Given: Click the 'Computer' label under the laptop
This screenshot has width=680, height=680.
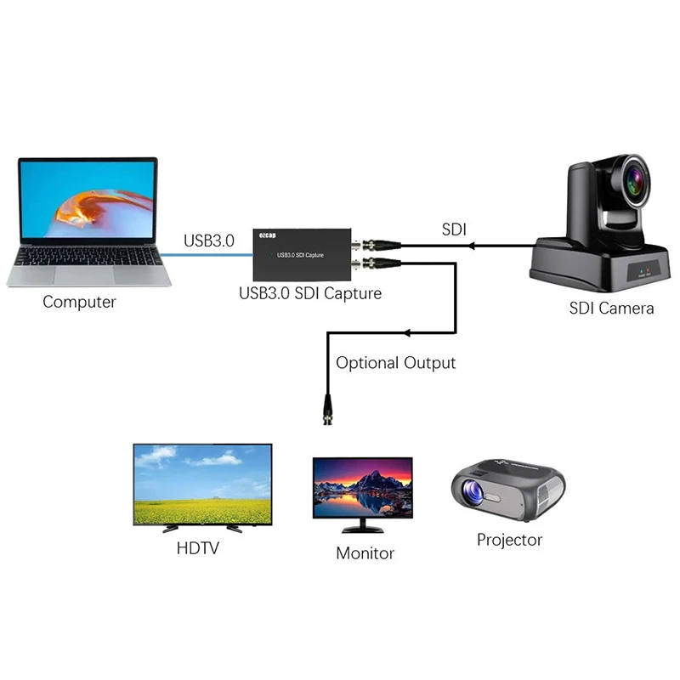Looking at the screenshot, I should point(79,302).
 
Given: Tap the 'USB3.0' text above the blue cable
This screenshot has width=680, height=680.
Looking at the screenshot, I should point(208,241).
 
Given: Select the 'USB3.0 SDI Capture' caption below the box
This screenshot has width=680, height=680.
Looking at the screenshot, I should point(309,294).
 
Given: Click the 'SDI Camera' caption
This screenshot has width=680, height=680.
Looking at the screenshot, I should point(611,308).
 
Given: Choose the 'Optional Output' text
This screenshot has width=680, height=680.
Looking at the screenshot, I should point(395,363).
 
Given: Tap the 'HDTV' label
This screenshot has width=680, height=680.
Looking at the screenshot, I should point(197,548).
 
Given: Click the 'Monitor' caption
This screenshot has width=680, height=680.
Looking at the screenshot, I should point(365,553).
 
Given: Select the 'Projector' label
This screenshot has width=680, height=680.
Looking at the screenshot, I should point(509,540).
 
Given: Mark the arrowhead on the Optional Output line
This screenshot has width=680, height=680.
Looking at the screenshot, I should point(411,331).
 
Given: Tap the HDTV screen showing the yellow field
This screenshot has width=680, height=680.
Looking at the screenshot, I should point(202,484).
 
